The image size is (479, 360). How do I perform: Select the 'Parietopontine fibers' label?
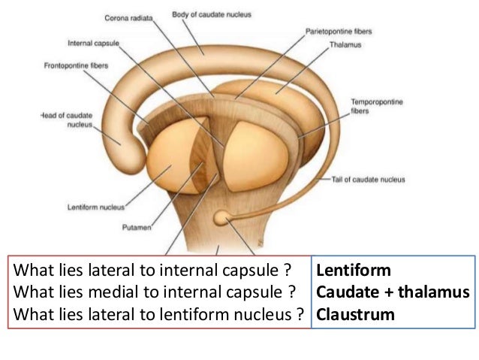pos(339,32)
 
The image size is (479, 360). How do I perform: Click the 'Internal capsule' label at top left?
pos(91,42)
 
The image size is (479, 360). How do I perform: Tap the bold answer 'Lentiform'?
pos(354,270)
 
